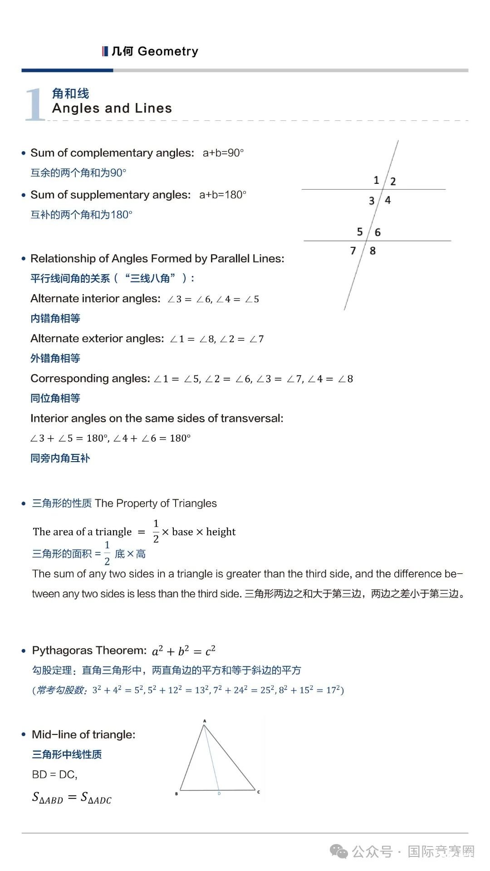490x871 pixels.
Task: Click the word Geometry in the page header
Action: pos(168,51)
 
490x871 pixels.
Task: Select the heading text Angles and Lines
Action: pos(112,108)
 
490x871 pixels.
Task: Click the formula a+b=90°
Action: pos(223,153)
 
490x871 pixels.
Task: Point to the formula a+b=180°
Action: pos(223,195)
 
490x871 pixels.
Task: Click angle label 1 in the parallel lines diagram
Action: pos(376,180)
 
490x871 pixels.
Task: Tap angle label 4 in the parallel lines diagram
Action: pos(387,200)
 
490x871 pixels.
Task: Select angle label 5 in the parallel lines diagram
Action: pos(360,232)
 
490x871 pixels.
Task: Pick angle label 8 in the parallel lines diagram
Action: pos(372,251)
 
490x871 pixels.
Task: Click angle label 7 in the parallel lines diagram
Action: pos(353,251)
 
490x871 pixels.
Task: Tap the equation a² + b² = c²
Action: pos(184,651)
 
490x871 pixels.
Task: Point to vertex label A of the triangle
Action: pos(205,721)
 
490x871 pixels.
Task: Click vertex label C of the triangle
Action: pos(259,792)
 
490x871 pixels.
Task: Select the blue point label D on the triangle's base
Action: pos(219,793)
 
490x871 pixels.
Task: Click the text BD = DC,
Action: pos(55,774)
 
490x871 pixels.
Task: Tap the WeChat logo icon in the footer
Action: pos(339,851)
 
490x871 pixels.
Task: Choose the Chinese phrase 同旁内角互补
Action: pos(60,458)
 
